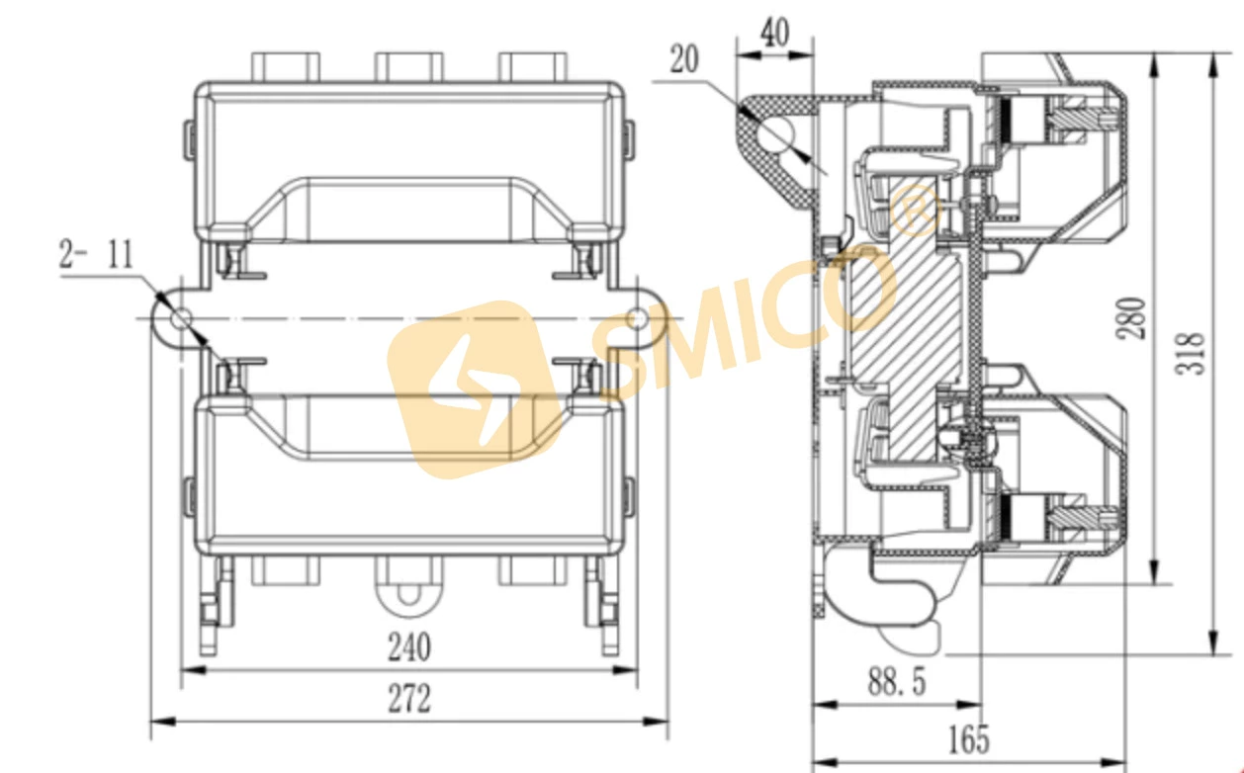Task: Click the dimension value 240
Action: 408,647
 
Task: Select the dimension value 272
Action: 408,699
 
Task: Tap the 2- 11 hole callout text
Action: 96,255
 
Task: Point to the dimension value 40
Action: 775,34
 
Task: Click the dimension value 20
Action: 683,59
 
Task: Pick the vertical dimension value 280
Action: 1133,318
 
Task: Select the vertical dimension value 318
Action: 1195,353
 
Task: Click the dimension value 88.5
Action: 897,682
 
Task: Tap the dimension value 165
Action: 969,738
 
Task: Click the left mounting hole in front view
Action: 183,318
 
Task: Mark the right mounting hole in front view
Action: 638,318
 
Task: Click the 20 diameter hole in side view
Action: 780,135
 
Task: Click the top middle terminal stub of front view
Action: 407,66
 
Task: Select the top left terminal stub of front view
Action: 286,66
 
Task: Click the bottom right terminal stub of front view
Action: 531,570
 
